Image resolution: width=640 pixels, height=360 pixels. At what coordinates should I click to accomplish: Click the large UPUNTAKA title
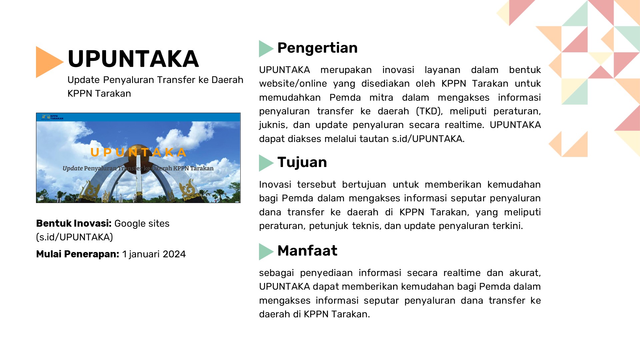coord(133,59)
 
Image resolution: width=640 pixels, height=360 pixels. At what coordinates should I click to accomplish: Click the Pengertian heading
coord(317,48)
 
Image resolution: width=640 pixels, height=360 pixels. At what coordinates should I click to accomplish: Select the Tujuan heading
coord(302,162)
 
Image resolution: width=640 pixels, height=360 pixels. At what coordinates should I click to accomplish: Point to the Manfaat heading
coord(307,251)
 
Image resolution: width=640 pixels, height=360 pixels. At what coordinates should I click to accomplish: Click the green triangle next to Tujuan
coord(265,163)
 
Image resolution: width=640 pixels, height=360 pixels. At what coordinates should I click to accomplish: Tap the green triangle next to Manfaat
coord(265,251)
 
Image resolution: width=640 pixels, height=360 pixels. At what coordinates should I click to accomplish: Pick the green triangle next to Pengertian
coord(265,49)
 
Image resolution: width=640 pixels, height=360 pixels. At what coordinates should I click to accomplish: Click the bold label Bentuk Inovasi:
coord(74,223)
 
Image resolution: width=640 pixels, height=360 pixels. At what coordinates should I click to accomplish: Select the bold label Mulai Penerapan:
coord(77,254)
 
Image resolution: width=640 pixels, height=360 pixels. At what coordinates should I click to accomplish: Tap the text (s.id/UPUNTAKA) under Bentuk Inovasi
coord(74,237)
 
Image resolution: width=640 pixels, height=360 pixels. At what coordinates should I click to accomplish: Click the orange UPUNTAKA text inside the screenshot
coord(138,152)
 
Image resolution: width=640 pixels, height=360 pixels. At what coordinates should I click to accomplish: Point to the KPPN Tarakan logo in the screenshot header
coord(52,117)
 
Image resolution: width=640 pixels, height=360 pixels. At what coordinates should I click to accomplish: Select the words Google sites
coord(142,223)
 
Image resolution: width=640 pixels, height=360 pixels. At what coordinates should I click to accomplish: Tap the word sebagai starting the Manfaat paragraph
coord(276,273)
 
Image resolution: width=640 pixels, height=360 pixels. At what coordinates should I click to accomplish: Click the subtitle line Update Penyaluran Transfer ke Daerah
coord(155,80)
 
